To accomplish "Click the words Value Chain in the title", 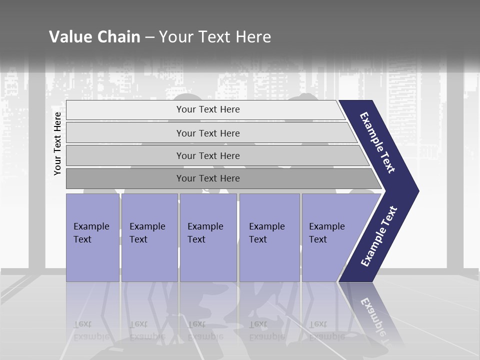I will [x=94, y=36].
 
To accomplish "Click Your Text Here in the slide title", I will [x=215, y=36].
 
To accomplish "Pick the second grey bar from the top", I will [x=208, y=133].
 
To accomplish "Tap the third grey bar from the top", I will [x=208, y=155].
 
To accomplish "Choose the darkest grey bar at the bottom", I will [x=208, y=178].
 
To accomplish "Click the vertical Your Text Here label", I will [x=57, y=143].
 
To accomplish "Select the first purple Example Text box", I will [x=92, y=237].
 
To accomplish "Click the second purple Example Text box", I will [x=149, y=237].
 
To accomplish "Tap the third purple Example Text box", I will [x=208, y=237].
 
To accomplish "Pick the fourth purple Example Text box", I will [x=269, y=237].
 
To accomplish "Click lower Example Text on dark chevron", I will [x=379, y=236].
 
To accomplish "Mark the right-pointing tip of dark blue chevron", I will [x=417, y=191].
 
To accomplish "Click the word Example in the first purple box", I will [x=91, y=226].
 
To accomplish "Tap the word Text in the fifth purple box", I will [x=318, y=239].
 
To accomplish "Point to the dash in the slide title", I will [x=149, y=37].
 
